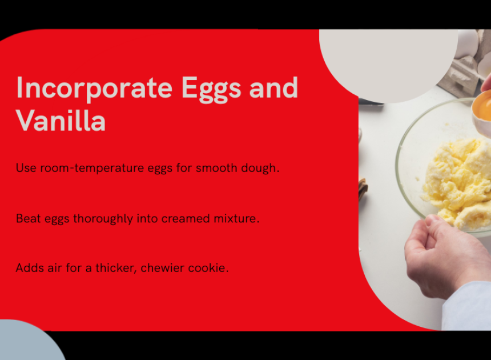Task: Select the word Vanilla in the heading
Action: point(61,121)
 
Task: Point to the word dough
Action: point(260,168)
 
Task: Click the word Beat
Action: point(28,218)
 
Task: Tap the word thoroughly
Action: point(103,219)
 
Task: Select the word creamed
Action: point(186,218)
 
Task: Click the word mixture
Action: point(236,218)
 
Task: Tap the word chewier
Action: point(163,268)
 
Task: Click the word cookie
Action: point(208,268)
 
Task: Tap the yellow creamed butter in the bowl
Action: point(457,181)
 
